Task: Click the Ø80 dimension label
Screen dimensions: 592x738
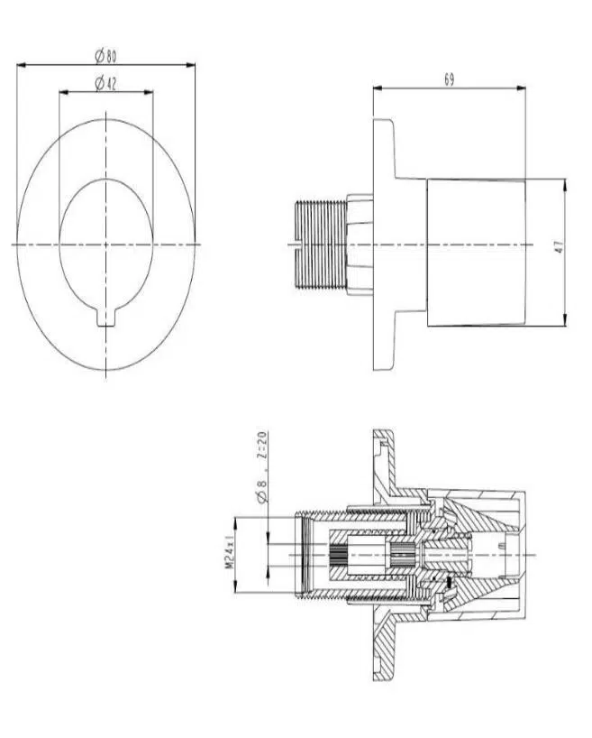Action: pyautogui.click(x=105, y=57)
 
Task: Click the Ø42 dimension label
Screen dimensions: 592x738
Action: pyautogui.click(x=105, y=84)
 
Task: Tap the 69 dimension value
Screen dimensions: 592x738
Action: pyautogui.click(x=449, y=79)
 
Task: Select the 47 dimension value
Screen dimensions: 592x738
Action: pyautogui.click(x=559, y=247)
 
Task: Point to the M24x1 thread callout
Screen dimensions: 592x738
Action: pyautogui.click(x=229, y=551)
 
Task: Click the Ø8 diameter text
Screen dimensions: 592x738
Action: pyautogui.click(x=262, y=490)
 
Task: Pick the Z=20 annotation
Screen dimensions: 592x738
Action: pyautogui.click(x=262, y=446)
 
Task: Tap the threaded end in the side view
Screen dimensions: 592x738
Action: pyautogui.click(x=320, y=244)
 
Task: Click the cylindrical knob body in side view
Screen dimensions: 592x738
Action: pyautogui.click(x=476, y=253)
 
